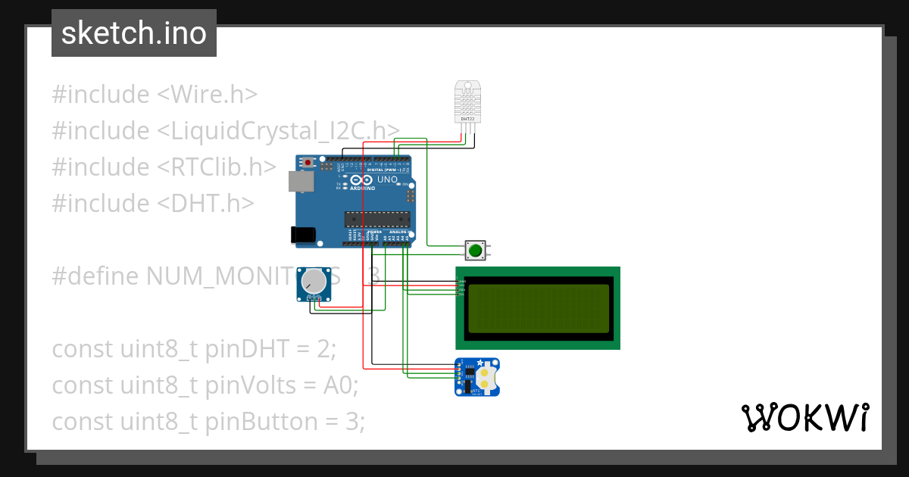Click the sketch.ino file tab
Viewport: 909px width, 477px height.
tap(134, 33)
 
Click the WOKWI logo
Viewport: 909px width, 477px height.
tap(804, 418)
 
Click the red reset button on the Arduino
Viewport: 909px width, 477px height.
tap(308, 163)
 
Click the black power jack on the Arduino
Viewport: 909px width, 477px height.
tap(304, 235)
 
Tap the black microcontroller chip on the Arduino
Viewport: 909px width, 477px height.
tap(377, 220)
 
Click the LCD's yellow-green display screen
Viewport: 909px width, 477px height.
tap(539, 308)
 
